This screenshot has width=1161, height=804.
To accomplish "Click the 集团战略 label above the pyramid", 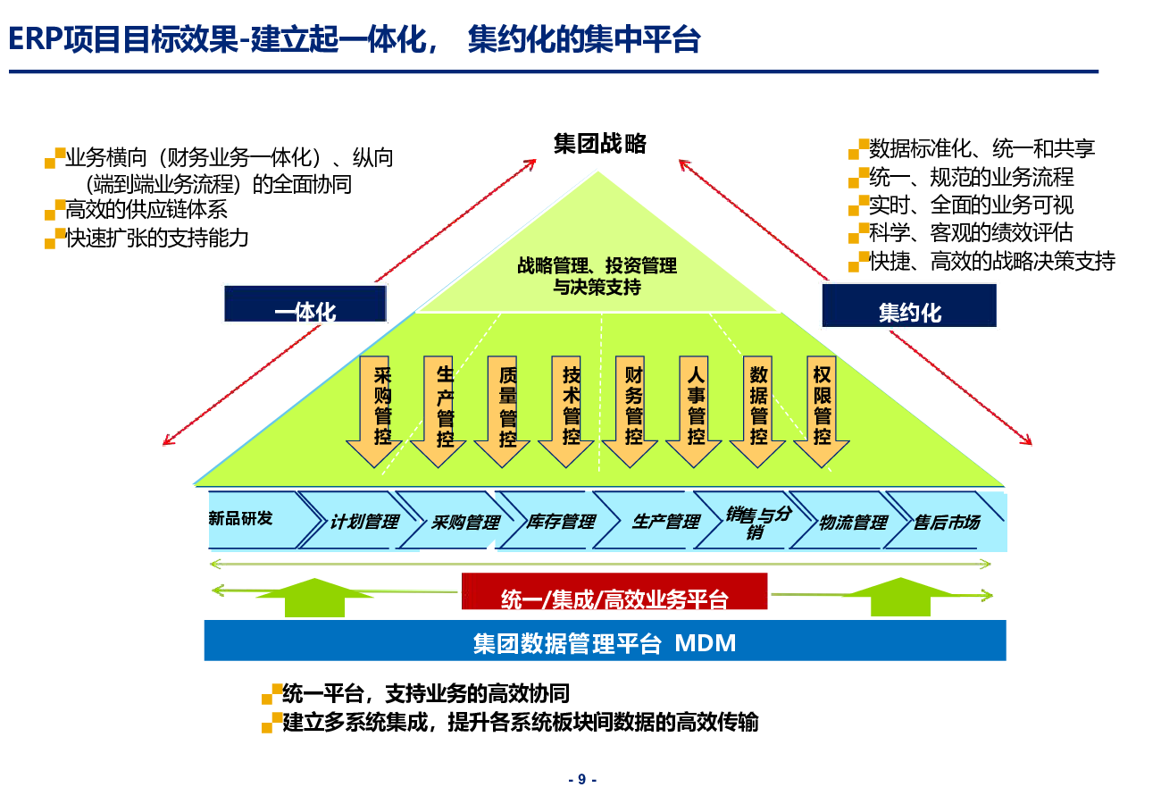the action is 599,144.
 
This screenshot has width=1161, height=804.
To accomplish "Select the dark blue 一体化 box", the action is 305,304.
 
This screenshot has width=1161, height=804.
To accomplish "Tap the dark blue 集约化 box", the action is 909,306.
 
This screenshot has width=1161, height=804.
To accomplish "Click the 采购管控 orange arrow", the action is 374,411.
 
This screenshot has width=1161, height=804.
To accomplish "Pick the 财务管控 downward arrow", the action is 630,411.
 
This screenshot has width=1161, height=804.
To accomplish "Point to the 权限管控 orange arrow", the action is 822,411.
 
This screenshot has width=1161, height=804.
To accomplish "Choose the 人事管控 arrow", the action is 694,411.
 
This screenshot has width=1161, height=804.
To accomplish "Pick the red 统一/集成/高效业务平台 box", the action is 614,591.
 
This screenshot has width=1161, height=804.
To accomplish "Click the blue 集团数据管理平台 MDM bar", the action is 605,641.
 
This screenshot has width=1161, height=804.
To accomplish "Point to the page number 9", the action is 582,779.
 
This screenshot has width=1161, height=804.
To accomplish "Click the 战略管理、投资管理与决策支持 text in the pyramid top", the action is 597,276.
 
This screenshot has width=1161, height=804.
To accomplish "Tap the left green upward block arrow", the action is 314,599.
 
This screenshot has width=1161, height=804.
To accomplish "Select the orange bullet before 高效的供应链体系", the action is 55,210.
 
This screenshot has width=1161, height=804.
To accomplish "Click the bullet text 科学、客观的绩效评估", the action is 971,233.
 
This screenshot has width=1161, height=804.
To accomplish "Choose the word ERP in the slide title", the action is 36,39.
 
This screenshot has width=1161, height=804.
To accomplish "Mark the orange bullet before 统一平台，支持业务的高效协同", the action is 272,694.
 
